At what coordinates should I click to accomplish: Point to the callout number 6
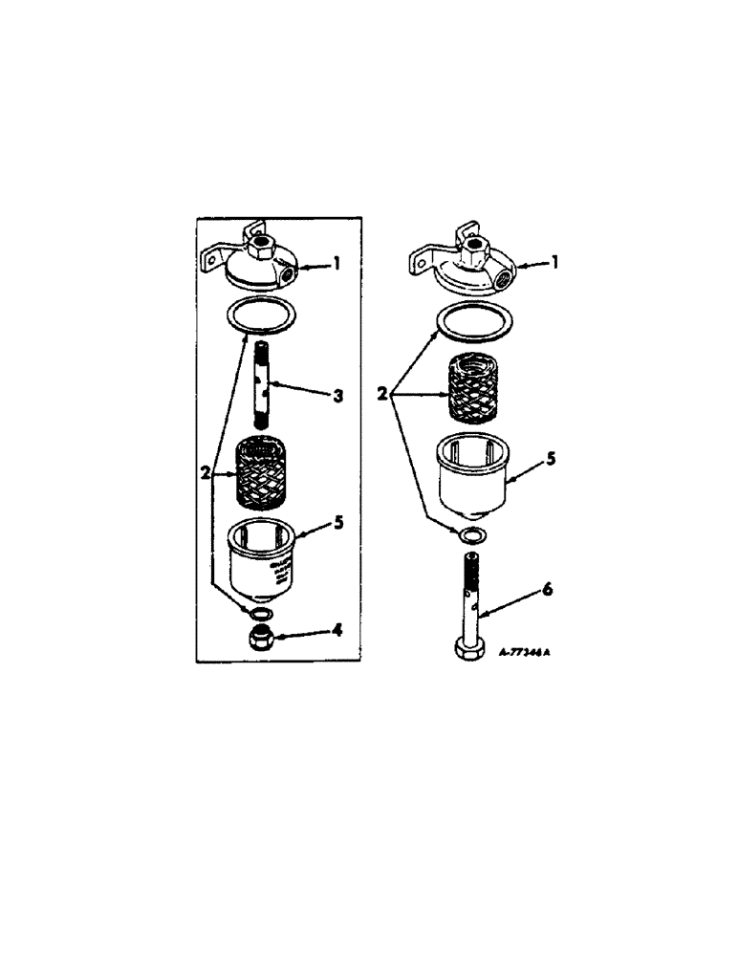click(x=546, y=591)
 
